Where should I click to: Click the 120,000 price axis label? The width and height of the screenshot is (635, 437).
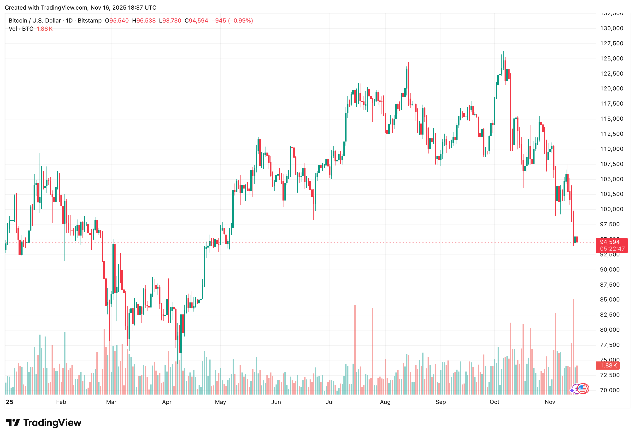[611, 89]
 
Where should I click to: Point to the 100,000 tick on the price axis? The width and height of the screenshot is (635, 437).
[611, 209]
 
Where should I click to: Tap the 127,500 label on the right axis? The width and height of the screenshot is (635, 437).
[611, 43]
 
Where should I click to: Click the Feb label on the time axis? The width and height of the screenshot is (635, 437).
[61, 402]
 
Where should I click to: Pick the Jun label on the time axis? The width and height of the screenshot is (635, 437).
[276, 402]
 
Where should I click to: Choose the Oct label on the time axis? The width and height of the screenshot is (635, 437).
[494, 402]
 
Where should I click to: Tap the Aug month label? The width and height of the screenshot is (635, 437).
[385, 402]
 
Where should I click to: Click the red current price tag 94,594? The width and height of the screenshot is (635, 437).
[610, 242]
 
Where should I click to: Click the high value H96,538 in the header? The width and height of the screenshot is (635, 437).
[144, 21]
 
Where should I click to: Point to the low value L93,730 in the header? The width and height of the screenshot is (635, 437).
[170, 21]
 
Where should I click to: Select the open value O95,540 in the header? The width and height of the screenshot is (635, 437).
[117, 21]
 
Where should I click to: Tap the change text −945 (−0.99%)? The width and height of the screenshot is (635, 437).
[232, 21]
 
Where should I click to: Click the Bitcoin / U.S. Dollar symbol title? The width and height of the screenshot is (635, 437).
[35, 21]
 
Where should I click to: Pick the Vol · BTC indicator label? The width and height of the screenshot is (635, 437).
[21, 29]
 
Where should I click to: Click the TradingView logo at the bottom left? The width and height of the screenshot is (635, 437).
[43, 422]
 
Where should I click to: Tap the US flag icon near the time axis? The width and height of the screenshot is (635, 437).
[582, 388]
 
